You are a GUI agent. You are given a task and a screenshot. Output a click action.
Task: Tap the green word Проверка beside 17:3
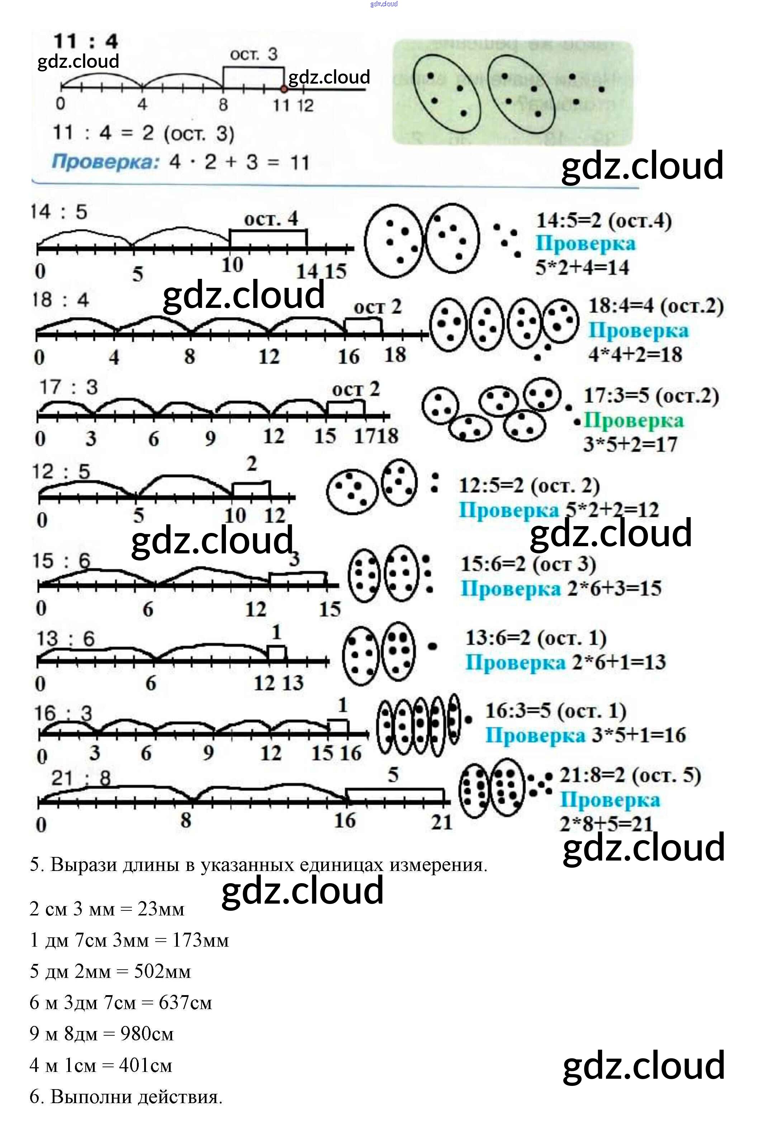tap(634, 420)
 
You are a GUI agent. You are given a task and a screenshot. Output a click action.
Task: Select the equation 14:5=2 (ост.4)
tap(604, 221)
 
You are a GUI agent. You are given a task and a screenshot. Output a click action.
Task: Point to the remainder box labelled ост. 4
tap(268, 238)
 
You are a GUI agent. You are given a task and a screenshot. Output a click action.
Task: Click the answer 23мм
tap(161, 909)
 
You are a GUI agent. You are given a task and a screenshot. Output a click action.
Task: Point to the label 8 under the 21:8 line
tap(186, 820)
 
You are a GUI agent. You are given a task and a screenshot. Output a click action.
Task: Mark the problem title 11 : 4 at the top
tap(85, 41)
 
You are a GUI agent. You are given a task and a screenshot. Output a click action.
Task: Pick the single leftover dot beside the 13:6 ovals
tap(432, 647)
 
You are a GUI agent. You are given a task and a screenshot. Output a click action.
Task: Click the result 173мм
tap(200, 940)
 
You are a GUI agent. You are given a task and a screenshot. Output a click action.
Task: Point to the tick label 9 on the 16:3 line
tap(208, 753)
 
